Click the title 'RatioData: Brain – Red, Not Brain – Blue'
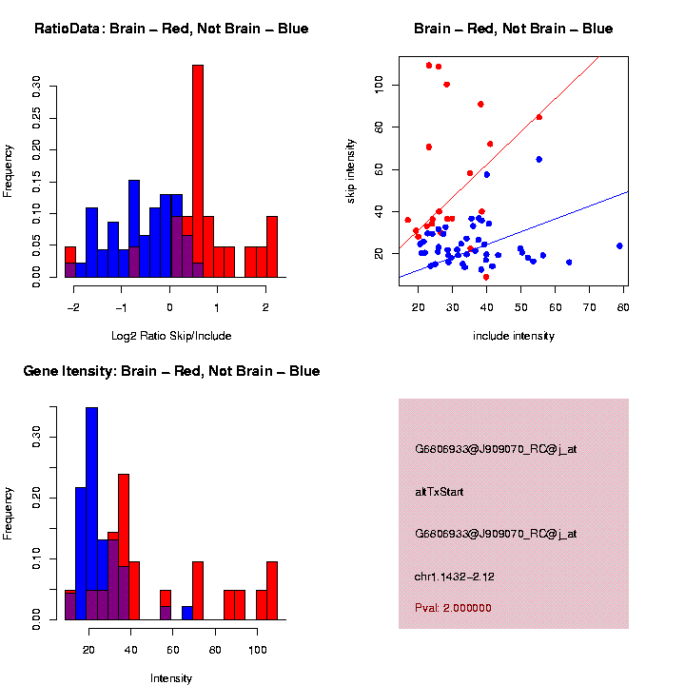171,29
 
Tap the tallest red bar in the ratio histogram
198,171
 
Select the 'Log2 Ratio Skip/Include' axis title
171,335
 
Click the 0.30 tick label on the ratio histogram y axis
37,88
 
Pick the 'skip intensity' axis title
351,169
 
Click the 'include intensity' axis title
514,335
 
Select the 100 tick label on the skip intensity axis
378,85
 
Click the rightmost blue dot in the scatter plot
619,245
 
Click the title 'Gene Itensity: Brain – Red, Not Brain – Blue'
171,371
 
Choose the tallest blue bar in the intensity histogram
91,514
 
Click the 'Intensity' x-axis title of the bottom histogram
171,677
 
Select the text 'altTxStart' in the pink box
439,492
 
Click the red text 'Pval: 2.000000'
453,607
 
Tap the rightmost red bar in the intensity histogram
272,590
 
